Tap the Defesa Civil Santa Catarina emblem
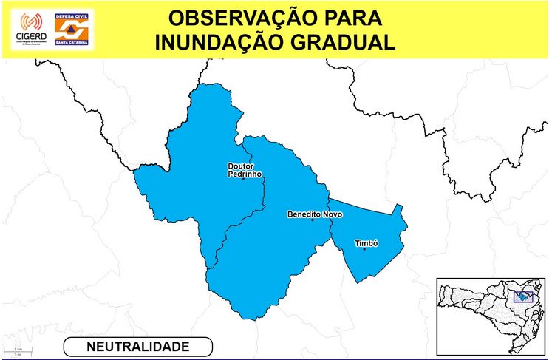[x=73, y=29]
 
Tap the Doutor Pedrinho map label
[x=245, y=171]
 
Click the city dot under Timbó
[x=364, y=249]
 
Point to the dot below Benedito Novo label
[x=313, y=220]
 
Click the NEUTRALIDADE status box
[x=138, y=346]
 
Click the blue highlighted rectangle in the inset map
[x=524, y=296]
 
